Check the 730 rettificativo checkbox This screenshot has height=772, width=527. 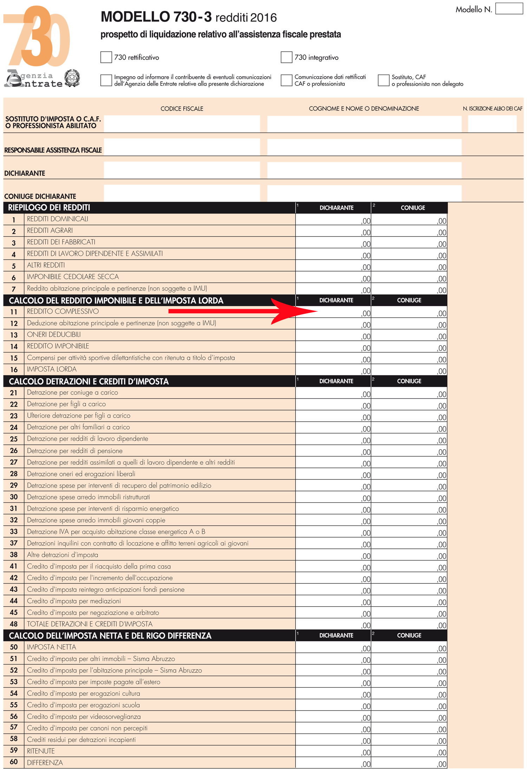click(106, 57)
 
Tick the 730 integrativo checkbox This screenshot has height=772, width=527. click(286, 57)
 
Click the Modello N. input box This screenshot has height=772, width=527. click(509, 9)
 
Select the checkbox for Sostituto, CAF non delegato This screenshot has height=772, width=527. click(383, 80)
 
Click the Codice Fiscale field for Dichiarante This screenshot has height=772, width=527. click(182, 170)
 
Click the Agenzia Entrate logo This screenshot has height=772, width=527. click(33, 79)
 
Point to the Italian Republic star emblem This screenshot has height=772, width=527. click(72, 78)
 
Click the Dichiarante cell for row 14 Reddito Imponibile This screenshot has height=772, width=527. click(333, 347)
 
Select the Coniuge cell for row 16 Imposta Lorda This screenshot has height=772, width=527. click(409, 370)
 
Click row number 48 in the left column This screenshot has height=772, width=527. click(14, 624)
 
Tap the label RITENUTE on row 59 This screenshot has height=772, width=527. click(41, 751)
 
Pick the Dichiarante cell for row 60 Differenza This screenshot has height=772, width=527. click(333, 763)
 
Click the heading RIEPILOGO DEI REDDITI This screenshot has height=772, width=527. click(49, 208)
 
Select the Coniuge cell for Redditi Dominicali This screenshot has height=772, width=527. click(409, 220)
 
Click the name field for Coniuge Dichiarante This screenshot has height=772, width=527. click(364, 193)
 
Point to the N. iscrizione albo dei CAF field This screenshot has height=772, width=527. click(492, 124)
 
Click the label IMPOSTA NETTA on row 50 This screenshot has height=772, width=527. click(51, 647)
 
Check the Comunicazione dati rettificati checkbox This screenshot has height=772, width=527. click(286, 80)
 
